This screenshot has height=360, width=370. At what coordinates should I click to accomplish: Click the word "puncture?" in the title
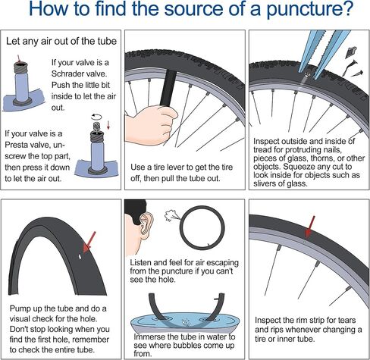coord(310,9)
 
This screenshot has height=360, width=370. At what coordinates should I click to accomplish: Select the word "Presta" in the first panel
coord(16,145)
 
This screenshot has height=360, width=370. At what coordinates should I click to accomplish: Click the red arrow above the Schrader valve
coord(18,59)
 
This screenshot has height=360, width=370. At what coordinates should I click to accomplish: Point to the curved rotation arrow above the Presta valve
coord(96,117)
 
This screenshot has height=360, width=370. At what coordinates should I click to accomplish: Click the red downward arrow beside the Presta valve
coord(108,125)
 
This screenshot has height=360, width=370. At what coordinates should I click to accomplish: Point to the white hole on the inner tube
coord(80,257)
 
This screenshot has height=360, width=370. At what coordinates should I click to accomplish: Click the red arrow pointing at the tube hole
coord(89,242)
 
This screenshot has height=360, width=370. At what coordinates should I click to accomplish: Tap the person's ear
coord(146,226)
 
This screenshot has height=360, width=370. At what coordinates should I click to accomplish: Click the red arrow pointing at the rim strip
coord(310,227)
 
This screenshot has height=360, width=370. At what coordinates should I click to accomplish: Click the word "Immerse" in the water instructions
coord(149,337)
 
